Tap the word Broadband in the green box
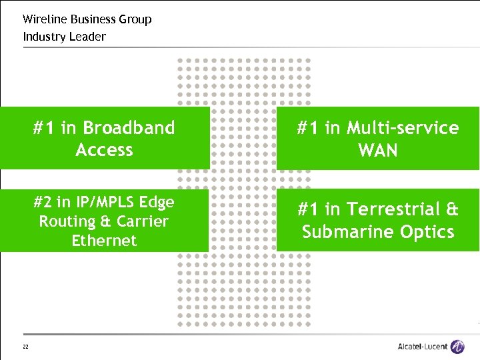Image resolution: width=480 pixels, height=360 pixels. [x=129, y=128]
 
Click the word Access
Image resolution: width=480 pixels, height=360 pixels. [x=104, y=150]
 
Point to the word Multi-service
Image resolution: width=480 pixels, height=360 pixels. [x=403, y=128]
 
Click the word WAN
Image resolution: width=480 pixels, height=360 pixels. [x=378, y=151]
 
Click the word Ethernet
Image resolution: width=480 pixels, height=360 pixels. [x=104, y=241]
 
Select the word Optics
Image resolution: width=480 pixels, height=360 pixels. [x=427, y=232]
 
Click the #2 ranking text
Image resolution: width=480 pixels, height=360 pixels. [x=44, y=202]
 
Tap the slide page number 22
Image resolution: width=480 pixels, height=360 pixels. [x=25, y=347]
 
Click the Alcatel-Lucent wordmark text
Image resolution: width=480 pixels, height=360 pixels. [x=422, y=347]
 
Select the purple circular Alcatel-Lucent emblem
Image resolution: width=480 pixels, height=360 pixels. [x=457, y=347]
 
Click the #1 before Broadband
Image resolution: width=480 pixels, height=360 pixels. [x=45, y=128]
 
